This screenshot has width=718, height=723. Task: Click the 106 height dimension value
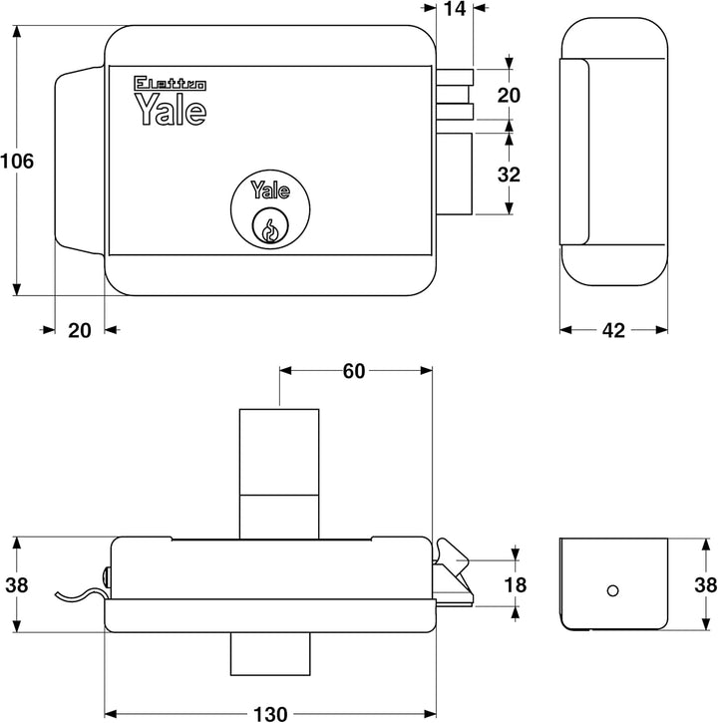tap(17, 161)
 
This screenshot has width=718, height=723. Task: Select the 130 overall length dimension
tap(269, 713)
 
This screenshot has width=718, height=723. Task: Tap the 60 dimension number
tap(353, 371)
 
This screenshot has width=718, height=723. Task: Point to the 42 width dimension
tap(614, 331)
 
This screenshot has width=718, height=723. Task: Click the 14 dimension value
tap(455, 11)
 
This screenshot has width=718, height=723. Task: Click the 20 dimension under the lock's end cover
tap(80, 331)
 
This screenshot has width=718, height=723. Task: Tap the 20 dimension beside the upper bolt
tap(509, 96)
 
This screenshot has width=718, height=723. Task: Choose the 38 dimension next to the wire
tap(17, 585)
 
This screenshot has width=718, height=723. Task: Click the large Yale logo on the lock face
tap(171, 110)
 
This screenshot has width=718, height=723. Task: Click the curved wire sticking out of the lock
tap(80, 594)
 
